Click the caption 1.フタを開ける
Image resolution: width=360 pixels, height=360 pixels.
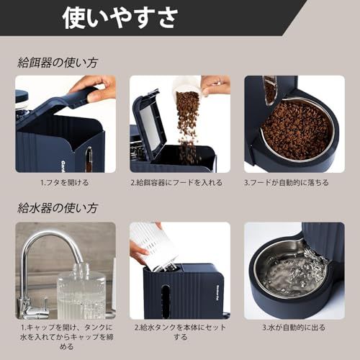pos(65,183)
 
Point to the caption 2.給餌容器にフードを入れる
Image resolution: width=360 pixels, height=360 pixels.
pos(179,183)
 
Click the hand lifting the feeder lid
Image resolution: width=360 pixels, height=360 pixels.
pos(94,89)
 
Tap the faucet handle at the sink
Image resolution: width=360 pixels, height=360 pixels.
pos(27,307)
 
